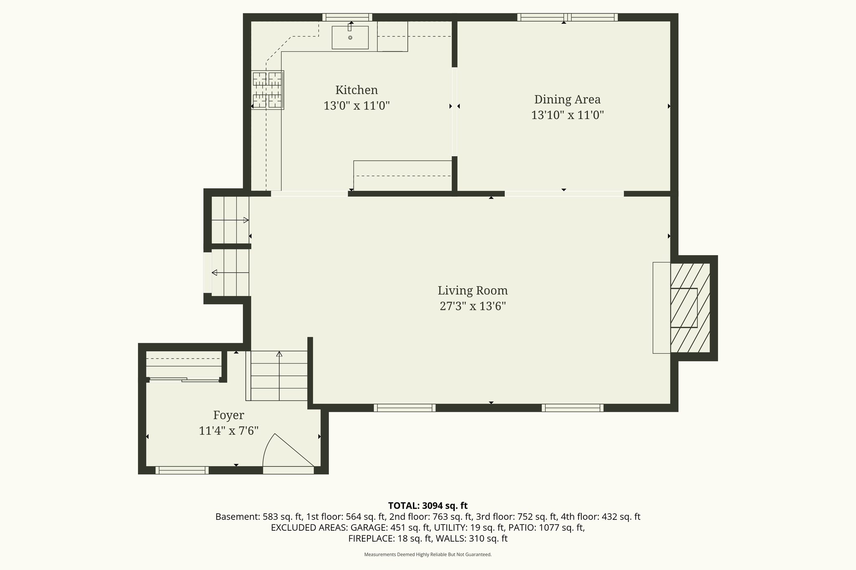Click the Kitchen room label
tap(356, 90)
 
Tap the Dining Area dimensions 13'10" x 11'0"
tap(567, 115)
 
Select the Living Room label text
tap(472, 290)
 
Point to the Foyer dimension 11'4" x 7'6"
tap(229, 431)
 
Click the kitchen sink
tap(350, 38)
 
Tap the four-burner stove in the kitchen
tap(267, 90)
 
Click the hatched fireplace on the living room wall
tap(690, 308)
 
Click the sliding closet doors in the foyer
tap(184, 380)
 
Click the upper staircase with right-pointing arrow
tap(230, 220)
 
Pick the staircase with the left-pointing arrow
tap(230, 273)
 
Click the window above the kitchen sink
tap(347, 17)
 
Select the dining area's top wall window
tap(567, 17)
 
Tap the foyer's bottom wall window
tap(182, 470)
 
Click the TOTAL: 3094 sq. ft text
tap(428, 506)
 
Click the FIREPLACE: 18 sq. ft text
tap(390, 538)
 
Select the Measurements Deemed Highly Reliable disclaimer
tap(428, 555)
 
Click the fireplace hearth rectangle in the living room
tap(662, 308)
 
